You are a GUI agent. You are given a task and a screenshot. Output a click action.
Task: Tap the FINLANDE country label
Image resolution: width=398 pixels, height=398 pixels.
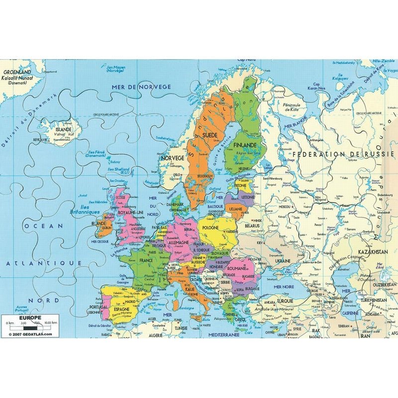pyautogui.click(x=243, y=144)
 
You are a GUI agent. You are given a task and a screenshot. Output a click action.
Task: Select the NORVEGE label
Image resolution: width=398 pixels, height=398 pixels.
pyautogui.click(x=172, y=158)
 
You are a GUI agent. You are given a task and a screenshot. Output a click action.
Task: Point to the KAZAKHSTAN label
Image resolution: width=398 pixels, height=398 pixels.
pyautogui.click(x=371, y=252)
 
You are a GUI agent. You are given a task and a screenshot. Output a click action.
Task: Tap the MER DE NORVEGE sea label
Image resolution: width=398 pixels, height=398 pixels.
pyautogui.click(x=141, y=87)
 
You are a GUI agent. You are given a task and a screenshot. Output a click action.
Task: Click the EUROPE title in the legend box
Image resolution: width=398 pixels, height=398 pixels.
pyautogui.click(x=26, y=317)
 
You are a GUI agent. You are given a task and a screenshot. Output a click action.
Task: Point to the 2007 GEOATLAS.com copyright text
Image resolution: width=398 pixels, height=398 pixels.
pyautogui.click(x=30, y=334)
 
